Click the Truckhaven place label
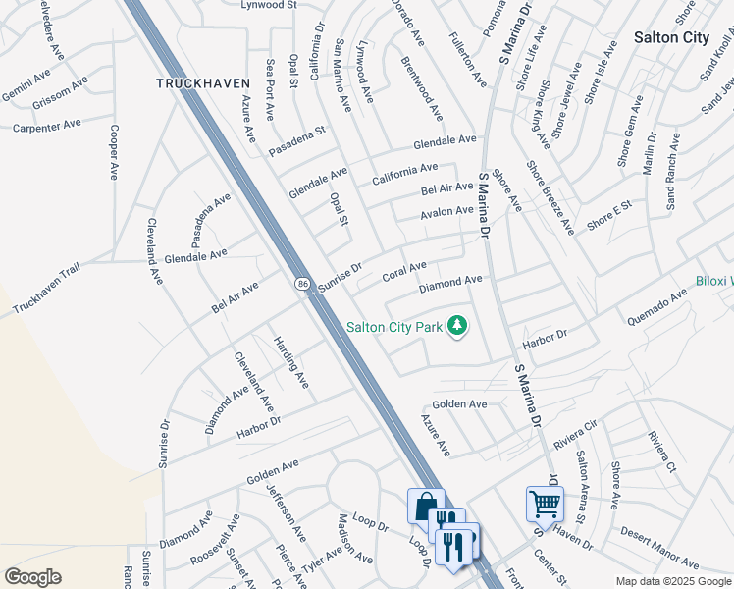click(203, 83)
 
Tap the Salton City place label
click(671, 37)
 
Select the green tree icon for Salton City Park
click(455, 325)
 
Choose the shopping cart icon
click(544, 504)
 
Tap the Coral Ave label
click(403, 271)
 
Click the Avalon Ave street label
click(446, 211)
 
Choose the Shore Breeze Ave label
click(549, 198)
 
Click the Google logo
click(32, 577)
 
